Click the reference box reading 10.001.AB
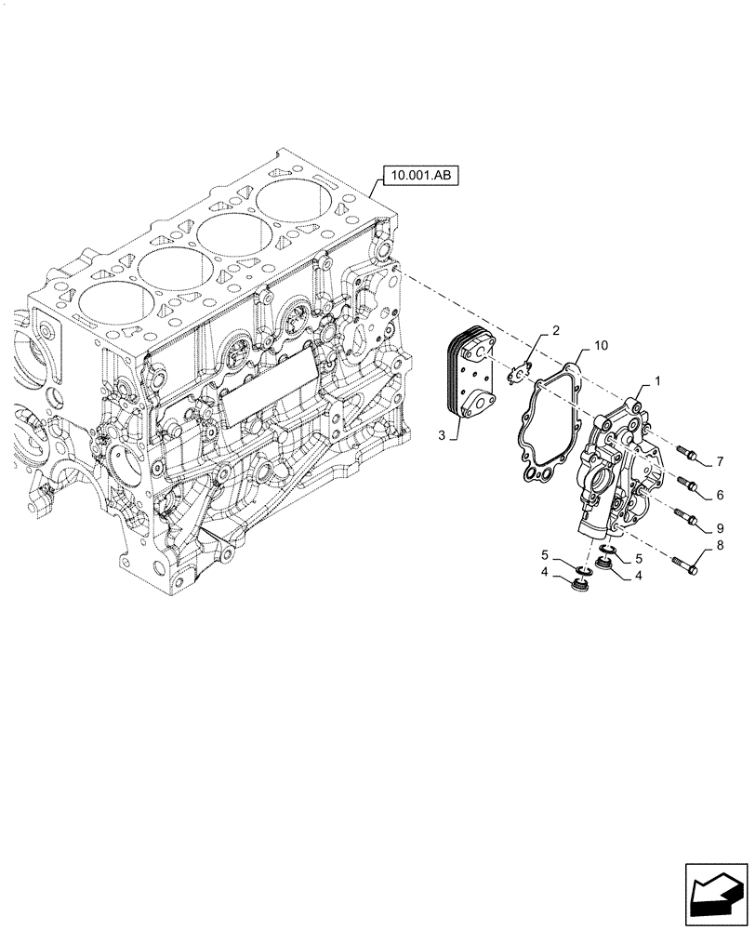pyautogui.click(x=417, y=174)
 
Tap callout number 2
pyautogui.click(x=554, y=330)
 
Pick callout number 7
pyautogui.click(x=720, y=461)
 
